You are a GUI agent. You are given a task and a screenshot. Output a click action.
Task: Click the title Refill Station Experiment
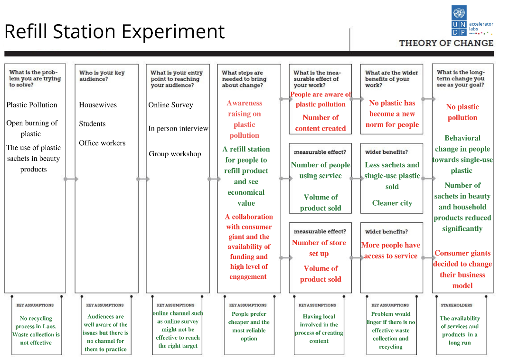click(114, 31)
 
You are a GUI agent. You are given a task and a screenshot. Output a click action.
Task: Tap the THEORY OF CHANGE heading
click(446, 43)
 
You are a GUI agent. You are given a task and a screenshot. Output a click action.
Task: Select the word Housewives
click(98, 105)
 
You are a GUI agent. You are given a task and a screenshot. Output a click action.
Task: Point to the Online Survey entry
click(171, 105)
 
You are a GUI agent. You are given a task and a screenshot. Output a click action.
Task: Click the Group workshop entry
click(175, 154)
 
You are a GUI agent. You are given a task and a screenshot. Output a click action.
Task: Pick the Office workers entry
click(102, 143)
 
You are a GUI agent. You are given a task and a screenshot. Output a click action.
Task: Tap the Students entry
click(92, 123)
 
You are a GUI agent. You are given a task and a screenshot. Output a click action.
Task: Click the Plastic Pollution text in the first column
click(32, 105)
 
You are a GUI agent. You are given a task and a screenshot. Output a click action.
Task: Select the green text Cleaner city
click(392, 203)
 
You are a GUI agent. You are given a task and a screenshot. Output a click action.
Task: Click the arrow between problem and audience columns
click(71, 179)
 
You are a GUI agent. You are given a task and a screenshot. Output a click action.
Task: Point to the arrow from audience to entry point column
click(143, 179)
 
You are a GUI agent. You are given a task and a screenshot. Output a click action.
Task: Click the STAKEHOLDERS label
click(456, 305)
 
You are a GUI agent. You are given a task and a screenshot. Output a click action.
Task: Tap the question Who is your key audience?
click(102, 76)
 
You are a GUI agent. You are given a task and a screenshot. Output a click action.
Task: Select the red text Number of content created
click(320, 123)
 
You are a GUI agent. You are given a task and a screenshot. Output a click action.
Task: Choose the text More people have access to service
click(391, 251)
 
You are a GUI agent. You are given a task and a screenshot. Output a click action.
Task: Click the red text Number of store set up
click(319, 248)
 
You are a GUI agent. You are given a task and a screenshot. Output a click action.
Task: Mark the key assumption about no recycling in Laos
click(36, 331)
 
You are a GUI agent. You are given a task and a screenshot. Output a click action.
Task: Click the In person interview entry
click(178, 129)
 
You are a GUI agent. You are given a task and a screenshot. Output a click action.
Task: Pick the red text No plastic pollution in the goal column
click(462, 112)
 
